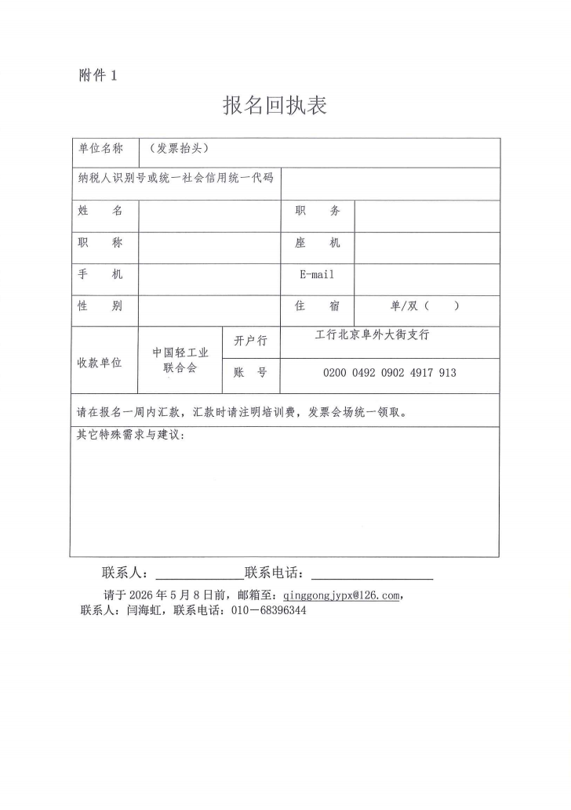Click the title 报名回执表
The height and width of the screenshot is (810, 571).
(x=275, y=105)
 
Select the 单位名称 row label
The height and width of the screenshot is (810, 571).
(x=100, y=149)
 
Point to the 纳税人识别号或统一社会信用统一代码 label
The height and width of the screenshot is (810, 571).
(x=175, y=178)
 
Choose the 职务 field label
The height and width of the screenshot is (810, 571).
(x=317, y=211)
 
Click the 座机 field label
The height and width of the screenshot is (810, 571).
(x=317, y=243)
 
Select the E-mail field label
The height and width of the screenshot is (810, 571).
(x=317, y=275)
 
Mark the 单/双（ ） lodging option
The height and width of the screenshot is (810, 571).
(x=424, y=306)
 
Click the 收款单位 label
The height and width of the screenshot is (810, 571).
(x=100, y=363)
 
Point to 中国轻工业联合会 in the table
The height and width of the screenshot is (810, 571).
(x=180, y=360)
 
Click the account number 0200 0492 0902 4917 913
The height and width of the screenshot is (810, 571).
(x=389, y=373)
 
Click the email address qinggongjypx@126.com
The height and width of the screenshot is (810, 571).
(x=341, y=595)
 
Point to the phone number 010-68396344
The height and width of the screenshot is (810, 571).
(x=268, y=611)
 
